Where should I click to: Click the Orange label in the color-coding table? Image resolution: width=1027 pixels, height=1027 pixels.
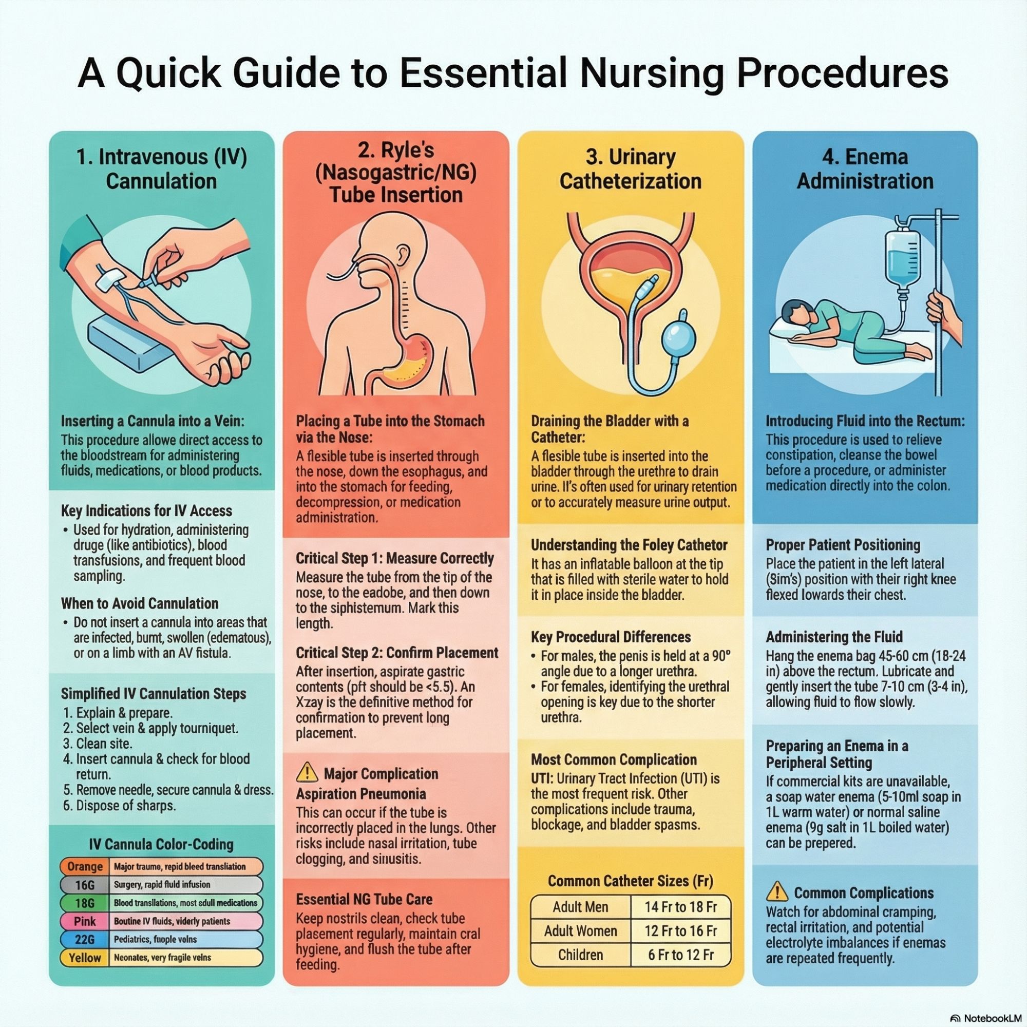click(85, 866)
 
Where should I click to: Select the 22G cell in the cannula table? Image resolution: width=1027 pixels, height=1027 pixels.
click(85, 939)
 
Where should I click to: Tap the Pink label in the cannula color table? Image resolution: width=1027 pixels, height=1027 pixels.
click(85, 921)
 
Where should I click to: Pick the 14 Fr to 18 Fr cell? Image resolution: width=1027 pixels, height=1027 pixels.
click(680, 907)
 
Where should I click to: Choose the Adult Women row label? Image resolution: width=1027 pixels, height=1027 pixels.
click(580, 931)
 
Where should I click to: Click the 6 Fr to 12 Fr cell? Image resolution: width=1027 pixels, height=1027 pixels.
click(680, 955)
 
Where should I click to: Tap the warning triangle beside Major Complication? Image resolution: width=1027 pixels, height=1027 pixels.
click(307, 772)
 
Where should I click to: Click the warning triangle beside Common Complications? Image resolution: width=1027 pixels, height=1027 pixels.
click(777, 891)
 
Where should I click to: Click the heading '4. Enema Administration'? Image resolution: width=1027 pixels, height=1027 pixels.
click(865, 169)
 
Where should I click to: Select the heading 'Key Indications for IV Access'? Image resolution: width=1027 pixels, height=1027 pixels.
click(146, 511)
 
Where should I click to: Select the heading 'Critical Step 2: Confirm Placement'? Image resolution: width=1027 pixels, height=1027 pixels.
click(396, 653)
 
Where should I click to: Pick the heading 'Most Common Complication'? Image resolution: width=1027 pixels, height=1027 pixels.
click(614, 759)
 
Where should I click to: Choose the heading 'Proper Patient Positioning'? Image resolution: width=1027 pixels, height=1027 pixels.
click(843, 545)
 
